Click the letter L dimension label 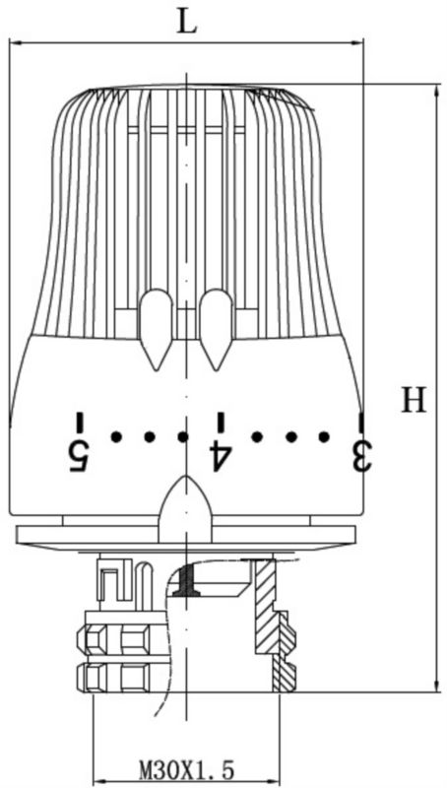click(187, 22)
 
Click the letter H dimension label click(414, 400)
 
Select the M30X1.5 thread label click(187, 769)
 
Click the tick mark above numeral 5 click(79, 423)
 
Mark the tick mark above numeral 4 click(220, 423)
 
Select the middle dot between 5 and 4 click(150, 437)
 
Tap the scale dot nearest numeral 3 click(324, 437)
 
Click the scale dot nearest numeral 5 click(116, 437)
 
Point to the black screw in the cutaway click(186, 580)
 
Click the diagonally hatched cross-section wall click(274, 624)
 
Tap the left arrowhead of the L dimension click(16, 42)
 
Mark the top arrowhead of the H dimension click(436, 91)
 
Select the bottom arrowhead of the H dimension click(436, 685)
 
